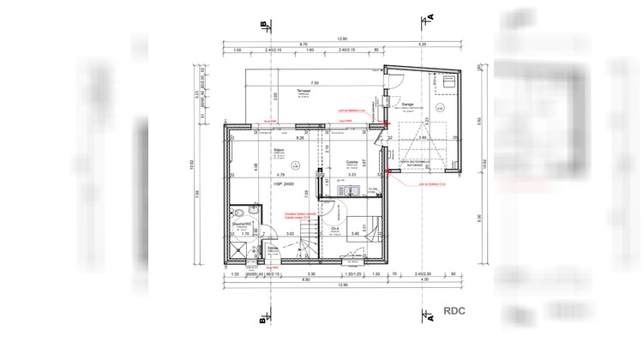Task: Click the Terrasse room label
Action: click(303, 90)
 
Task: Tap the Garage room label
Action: click(407, 103)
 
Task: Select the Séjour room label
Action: click(279, 149)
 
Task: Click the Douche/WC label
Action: click(240, 225)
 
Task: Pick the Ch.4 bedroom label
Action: click(335, 228)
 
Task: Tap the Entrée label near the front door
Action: click(273, 247)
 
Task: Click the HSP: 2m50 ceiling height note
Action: click(283, 184)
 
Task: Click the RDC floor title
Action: click(454, 311)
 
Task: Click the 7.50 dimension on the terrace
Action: click(303, 73)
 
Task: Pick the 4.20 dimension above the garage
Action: click(421, 45)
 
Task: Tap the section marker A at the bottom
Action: click(431, 321)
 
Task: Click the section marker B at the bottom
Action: click(261, 321)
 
